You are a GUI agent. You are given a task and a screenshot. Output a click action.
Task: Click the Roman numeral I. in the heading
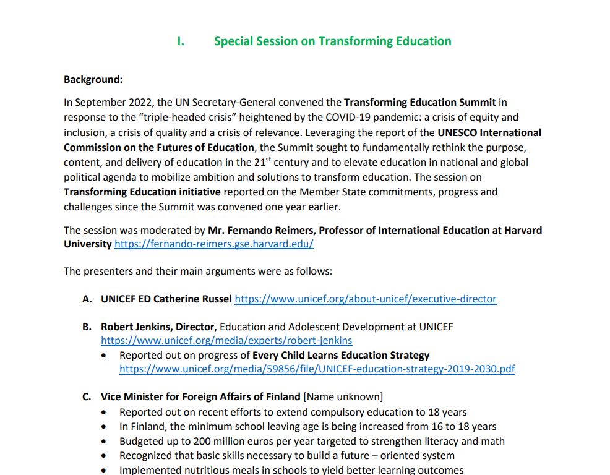(181, 41)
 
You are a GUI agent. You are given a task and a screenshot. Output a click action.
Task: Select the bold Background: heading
(93, 80)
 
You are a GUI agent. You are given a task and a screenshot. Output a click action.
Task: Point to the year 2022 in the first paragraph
(142, 102)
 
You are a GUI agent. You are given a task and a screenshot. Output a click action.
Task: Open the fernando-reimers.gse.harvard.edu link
(214, 244)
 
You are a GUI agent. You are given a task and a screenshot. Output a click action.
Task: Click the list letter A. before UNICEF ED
(87, 299)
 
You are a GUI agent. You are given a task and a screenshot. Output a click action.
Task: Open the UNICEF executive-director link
(366, 299)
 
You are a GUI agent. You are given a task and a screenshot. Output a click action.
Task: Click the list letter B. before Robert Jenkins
(87, 327)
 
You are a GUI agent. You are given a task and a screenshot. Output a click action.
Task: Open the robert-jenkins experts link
(226, 341)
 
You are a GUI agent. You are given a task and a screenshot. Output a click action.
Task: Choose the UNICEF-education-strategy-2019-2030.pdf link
(317, 369)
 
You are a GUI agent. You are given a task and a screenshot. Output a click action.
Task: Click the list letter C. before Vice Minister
(87, 397)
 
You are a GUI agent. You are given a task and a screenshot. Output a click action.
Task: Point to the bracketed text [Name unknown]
(343, 397)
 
